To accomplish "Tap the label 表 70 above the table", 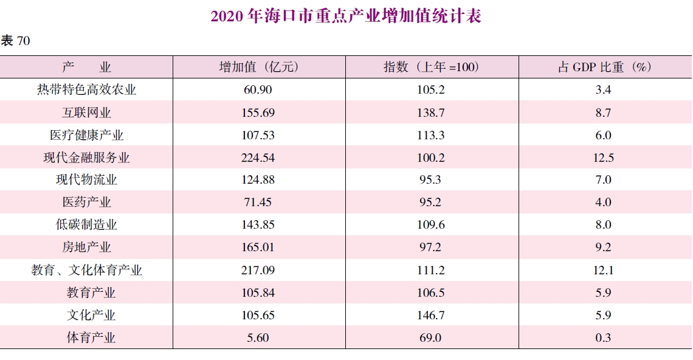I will click(x=16, y=41).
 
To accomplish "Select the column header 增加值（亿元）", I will click(x=259, y=67).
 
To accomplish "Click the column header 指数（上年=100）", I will click(x=431, y=67).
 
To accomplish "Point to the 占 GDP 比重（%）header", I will click(x=604, y=67).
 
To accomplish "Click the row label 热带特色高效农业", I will click(x=86, y=89).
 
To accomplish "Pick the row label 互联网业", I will click(x=86, y=112).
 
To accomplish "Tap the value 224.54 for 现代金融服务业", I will click(x=258, y=157).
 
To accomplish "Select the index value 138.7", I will click(x=431, y=112).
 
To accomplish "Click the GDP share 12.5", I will click(x=604, y=157).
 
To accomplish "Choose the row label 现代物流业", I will click(x=86, y=180).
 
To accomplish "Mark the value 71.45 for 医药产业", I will click(x=258, y=202).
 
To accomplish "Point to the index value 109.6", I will click(x=431, y=225).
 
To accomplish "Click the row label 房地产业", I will click(x=86, y=247).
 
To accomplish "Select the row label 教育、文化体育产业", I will click(x=86, y=270).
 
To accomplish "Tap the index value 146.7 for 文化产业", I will click(x=431, y=315).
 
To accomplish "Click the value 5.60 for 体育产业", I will click(x=258, y=337).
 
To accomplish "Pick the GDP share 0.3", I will click(x=604, y=337).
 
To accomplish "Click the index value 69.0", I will click(x=431, y=337).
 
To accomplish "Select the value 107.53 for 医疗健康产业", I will click(x=258, y=135).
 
